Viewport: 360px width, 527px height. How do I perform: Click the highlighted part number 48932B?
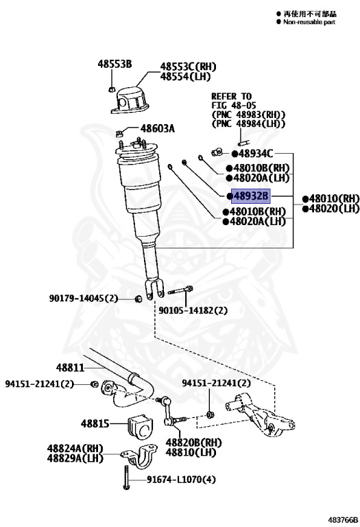point(252,196)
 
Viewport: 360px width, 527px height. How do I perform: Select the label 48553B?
point(113,65)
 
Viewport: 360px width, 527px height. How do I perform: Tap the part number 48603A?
point(158,128)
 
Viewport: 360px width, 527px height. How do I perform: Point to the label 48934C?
point(256,154)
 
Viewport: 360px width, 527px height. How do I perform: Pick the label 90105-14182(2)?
point(193,310)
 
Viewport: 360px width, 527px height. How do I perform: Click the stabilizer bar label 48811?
point(70,368)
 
